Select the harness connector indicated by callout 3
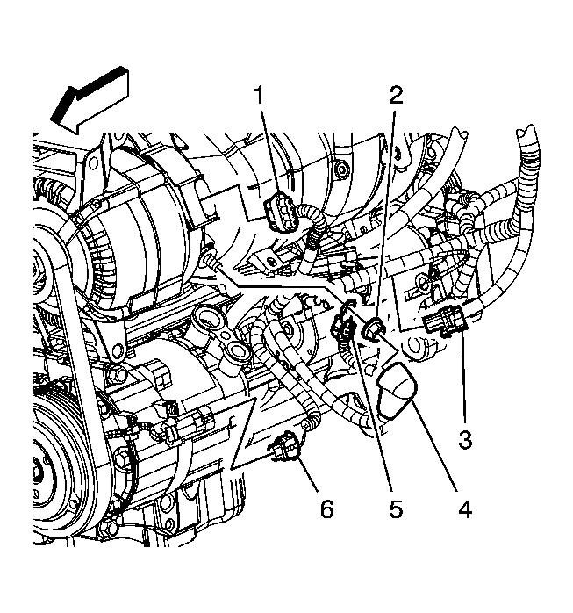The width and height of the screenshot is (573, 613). click(444, 324)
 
